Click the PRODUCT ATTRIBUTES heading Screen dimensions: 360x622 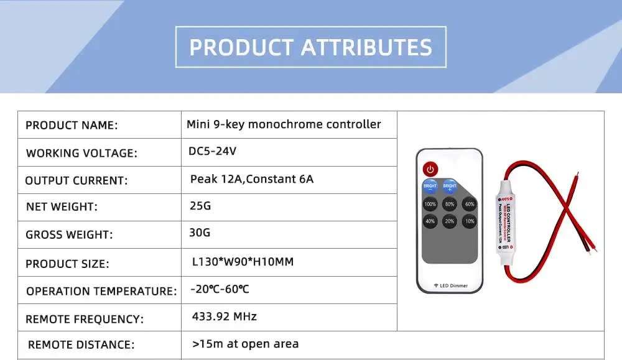310,47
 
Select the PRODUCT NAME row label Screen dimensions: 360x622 72,126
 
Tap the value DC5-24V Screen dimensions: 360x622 213,151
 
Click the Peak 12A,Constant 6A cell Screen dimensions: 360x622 252,179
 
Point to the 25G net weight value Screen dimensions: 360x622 200,205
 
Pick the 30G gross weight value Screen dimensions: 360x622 200,233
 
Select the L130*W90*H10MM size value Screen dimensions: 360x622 243,262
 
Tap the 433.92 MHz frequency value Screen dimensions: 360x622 225,316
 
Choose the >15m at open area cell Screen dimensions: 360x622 246,344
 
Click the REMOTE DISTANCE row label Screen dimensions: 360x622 81,344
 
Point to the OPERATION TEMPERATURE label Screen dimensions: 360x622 101,291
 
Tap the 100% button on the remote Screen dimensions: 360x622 430,204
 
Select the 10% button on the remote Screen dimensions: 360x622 470,221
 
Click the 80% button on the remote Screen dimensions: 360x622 450,204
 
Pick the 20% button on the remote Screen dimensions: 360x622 450,221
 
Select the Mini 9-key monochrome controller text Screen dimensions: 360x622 284,124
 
